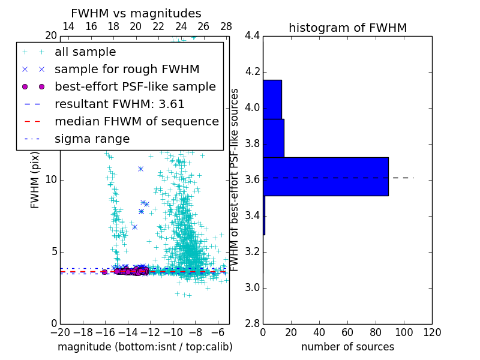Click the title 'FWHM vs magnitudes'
pyautogui.click(x=136, y=13)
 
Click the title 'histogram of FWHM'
pyautogui.click(x=347, y=28)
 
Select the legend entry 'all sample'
pyautogui.click(x=85, y=52)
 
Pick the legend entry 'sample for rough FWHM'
pyautogui.click(x=127, y=69)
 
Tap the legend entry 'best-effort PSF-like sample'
pyautogui.click(x=135, y=86)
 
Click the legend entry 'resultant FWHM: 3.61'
pyautogui.click(x=119, y=104)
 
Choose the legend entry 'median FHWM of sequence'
pyautogui.click(x=136, y=121)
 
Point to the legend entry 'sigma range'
pyautogui.click(x=92, y=139)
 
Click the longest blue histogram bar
pyautogui.click(x=325, y=176)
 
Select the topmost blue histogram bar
pyautogui.click(x=272, y=100)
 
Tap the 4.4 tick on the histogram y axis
pyautogui.click(x=252, y=36)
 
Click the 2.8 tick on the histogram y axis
pyautogui.click(x=252, y=324)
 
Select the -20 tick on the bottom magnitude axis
pyautogui.click(x=60, y=332)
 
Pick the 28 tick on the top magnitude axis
pyautogui.click(x=226, y=26)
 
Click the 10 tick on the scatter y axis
pyautogui.click(x=52, y=180)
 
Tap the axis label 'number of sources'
pyautogui.click(x=347, y=347)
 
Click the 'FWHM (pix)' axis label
pyautogui.click(x=35, y=180)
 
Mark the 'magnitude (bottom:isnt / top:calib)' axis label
pyautogui.click(x=145, y=347)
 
